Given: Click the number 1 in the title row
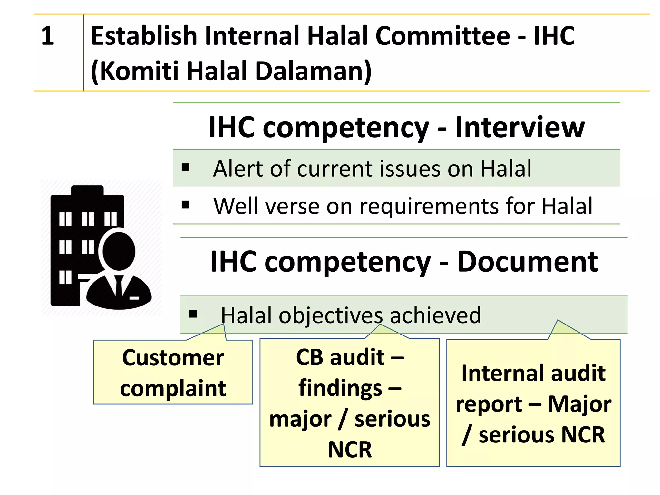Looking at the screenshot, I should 48,36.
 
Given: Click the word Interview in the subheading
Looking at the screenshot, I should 520,127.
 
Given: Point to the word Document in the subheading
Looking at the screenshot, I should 528,262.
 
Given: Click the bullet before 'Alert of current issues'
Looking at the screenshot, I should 186,167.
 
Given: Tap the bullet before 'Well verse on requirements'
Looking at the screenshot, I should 186,205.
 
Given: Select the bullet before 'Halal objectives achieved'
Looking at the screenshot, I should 193,314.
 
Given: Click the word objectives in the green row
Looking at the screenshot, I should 331,315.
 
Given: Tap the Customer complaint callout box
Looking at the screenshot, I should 173,373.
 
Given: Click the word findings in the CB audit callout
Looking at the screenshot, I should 340,388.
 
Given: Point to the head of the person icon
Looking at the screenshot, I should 119,251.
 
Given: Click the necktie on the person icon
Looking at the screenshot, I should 119,285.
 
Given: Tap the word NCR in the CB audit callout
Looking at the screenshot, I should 350,450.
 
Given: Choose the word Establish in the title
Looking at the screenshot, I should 144,36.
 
